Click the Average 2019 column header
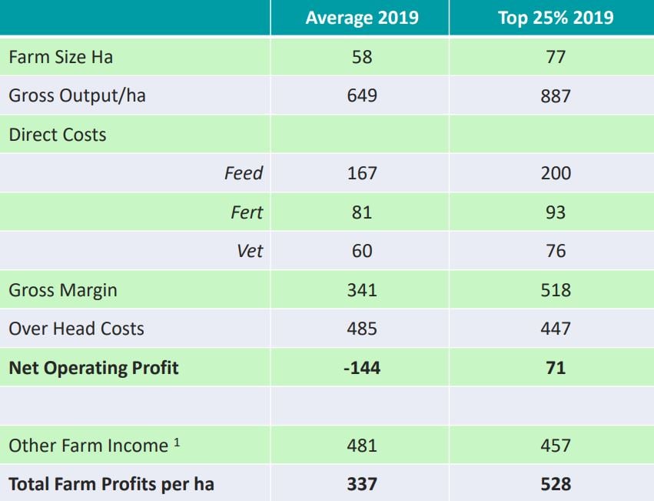(361, 18)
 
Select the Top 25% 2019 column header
(555, 18)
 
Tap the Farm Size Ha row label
(61, 58)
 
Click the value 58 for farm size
(361, 58)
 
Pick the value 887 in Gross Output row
(555, 96)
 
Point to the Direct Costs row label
(58, 135)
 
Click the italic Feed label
(243, 173)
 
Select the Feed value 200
(555, 173)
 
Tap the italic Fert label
(246, 212)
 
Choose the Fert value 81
(361, 212)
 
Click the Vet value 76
(555, 251)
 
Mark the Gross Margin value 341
(361, 290)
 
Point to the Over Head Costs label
(76, 329)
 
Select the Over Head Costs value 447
(555, 329)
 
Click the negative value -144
(361, 368)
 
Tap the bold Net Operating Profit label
(93, 368)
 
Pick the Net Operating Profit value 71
(555, 368)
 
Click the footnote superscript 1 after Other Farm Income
(177, 442)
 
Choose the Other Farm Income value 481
(361, 446)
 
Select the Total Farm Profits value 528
(555, 484)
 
